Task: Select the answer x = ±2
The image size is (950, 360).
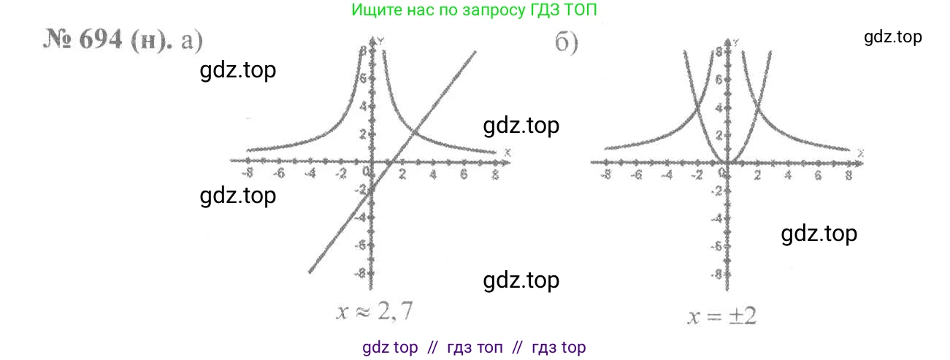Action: tap(724, 316)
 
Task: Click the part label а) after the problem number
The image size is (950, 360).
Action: tap(191, 42)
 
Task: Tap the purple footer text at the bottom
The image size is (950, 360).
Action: tap(474, 348)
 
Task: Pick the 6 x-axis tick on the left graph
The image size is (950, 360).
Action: tap(463, 175)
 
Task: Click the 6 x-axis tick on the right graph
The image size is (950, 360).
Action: tap(818, 175)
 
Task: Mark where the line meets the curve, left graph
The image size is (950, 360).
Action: tap(414, 132)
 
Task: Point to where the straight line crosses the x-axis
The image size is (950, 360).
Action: tap(391, 160)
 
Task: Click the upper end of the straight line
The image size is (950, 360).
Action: tap(475, 51)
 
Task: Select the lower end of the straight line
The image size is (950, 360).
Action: tap(310, 272)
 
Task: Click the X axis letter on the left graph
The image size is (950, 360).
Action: tap(507, 151)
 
